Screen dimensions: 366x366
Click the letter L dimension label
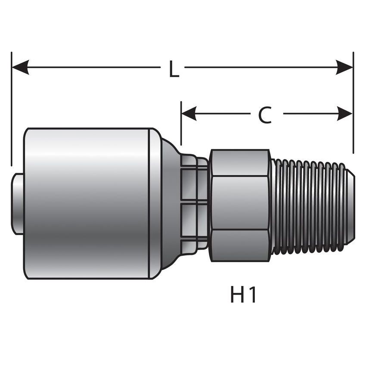(174, 70)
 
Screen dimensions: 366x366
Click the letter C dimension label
(265, 115)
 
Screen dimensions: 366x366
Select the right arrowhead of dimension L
(344, 67)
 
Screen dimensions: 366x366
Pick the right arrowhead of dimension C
(344, 114)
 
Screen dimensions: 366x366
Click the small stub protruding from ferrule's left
(17, 204)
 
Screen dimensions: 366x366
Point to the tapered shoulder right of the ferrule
(170, 202)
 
